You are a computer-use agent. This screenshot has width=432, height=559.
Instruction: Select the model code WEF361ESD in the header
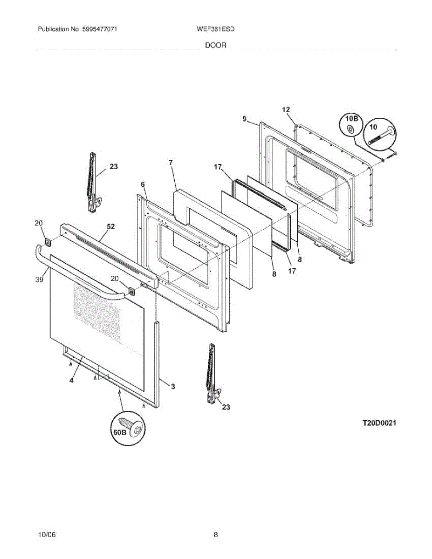pos(216,29)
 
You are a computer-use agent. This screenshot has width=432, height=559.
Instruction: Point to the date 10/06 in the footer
pos(47,535)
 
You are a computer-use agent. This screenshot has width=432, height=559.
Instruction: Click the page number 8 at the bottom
pos(216,535)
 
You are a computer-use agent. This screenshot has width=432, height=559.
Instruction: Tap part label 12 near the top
pos(286,109)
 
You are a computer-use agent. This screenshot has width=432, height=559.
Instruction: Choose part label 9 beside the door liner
pos(245,119)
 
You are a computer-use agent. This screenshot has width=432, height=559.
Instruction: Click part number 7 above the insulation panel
pos(171,163)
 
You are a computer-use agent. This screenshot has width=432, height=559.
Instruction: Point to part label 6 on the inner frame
pos(143,184)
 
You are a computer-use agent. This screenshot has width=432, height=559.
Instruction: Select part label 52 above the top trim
pos(110,226)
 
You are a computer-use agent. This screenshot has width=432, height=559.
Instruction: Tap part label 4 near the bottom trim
pos(71,381)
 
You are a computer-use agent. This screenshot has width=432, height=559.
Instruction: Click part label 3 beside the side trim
pos(173,386)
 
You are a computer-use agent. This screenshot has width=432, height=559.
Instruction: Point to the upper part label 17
pos(218,167)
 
